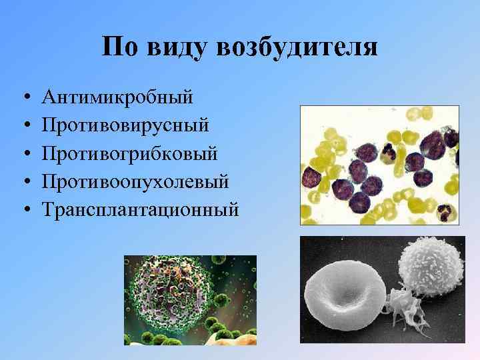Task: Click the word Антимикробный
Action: pyautogui.click(x=117, y=97)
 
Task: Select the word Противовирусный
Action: pyautogui.click(x=125, y=125)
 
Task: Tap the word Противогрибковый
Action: pyautogui.click(x=129, y=153)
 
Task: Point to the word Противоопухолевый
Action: pyautogui.click(x=135, y=181)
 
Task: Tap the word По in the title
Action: pyautogui.click(x=122, y=48)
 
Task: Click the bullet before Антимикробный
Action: pyautogui.click(x=24, y=98)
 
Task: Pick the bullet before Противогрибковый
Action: pyautogui.click(x=24, y=154)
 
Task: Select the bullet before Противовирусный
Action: pyautogui.click(x=24, y=126)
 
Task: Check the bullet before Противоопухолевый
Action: pyautogui.click(x=24, y=182)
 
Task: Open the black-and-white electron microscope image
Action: pyautogui.click(x=382, y=290)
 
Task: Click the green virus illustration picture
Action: pyautogui.click(x=190, y=300)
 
